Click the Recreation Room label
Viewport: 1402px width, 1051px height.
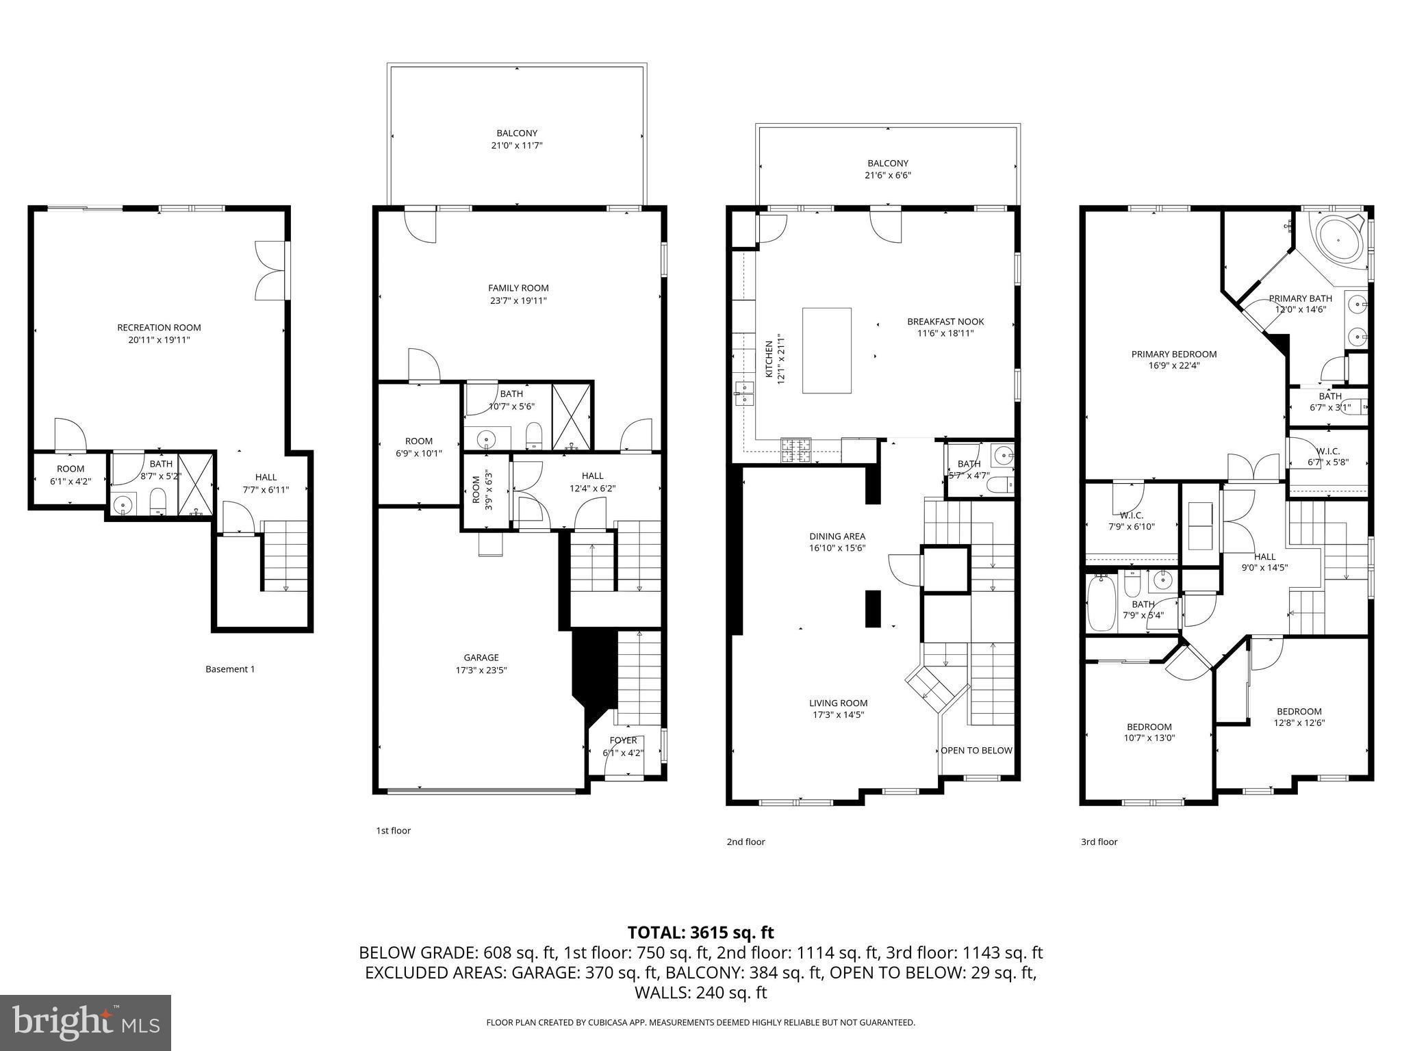[159, 328]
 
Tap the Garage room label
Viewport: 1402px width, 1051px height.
[481, 658]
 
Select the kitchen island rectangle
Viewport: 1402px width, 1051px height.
[827, 350]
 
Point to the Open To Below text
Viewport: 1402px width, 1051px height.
[976, 751]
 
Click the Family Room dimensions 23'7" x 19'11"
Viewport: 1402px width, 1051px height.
[518, 300]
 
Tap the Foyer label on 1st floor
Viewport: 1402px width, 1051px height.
[623, 740]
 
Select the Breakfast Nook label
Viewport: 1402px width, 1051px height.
[945, 322]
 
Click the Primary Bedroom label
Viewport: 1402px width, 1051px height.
[1173, 354]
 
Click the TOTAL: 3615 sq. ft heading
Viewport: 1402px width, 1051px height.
[700, 932]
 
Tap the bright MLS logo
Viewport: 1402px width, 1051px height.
[86, 1022]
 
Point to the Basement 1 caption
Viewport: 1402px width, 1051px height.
[230, 669]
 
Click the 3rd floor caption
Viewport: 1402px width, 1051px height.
[1099, 842]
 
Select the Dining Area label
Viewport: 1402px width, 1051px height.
[837, 536]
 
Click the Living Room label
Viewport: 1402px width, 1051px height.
[838, 703]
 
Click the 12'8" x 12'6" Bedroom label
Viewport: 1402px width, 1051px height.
[1299, 712]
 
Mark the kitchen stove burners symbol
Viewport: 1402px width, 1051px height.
[795, 450]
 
